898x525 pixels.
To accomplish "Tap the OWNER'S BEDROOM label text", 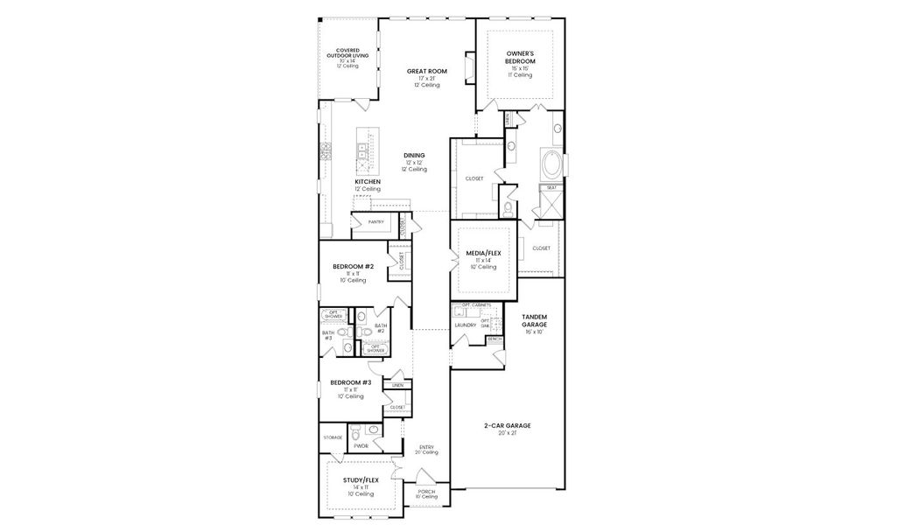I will pyautogui.click(x=520, y=58).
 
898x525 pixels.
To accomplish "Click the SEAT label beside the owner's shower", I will pyautogui.click(x=551, y=187).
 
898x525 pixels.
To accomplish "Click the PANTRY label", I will pyautogui.click(x=375, y=222).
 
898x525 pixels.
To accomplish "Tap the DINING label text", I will pyautogui.click(x=414, y=156).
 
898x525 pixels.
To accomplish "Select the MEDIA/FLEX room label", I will pyautogui.click(x=483, y=253).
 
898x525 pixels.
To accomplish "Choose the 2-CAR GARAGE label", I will pyautogui.click(x=508, y=426).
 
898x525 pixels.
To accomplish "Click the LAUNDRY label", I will pyautogui.click(x=465, y=325).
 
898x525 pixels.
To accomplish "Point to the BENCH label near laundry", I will pyautogui.click(x=495, y=339).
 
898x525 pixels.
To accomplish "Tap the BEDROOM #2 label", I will pyautogui.click(x=353, y=266).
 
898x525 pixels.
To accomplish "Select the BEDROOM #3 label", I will pyautogui.click(x=350, y=382).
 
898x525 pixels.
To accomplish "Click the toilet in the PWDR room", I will pyautogui.click(x=372, y=430).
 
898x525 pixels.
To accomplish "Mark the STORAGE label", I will pyautogui.click(x=333, y=437).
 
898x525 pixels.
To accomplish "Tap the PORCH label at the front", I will pyautogui.click(x=426, y=492).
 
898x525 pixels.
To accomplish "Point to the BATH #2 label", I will pyautogui.click(x=381, y=327).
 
